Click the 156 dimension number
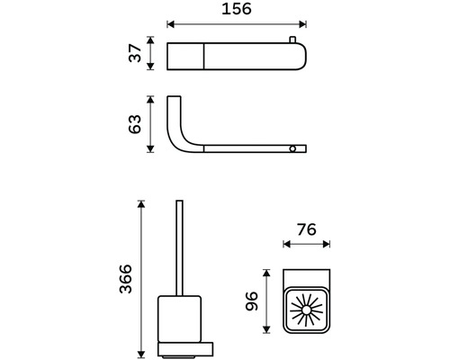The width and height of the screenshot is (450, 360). tap(237, 9)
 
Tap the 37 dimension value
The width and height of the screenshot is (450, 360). tap(135, 53)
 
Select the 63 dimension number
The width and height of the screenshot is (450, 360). tap(135, 124)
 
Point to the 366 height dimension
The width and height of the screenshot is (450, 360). tap(125, 279)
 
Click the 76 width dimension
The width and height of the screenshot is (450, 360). tap(307, 229)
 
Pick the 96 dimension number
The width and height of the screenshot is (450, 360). tap(251, 301)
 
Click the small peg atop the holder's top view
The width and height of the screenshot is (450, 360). tap(292, 40)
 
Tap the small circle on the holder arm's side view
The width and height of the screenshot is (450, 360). tap(292, 148)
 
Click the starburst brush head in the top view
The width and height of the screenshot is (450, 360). tap(306, 310)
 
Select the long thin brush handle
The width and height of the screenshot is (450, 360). tap(179, 248)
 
